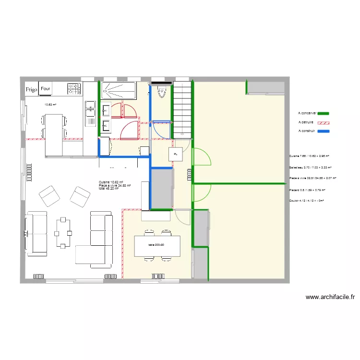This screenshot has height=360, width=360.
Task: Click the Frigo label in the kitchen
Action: [x=32, y=89]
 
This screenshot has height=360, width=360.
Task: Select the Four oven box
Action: [x=46, y=89]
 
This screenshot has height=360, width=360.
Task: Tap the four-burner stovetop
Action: [x=74, y=89]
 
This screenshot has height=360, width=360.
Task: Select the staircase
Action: [x=182, y=108]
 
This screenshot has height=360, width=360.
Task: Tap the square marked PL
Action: [x=176, y=155]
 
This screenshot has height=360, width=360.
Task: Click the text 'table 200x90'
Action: [x=156, y=245]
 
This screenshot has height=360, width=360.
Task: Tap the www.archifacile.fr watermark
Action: [x=330, y=298]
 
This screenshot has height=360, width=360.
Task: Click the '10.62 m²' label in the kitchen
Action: [x=50, y=104]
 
